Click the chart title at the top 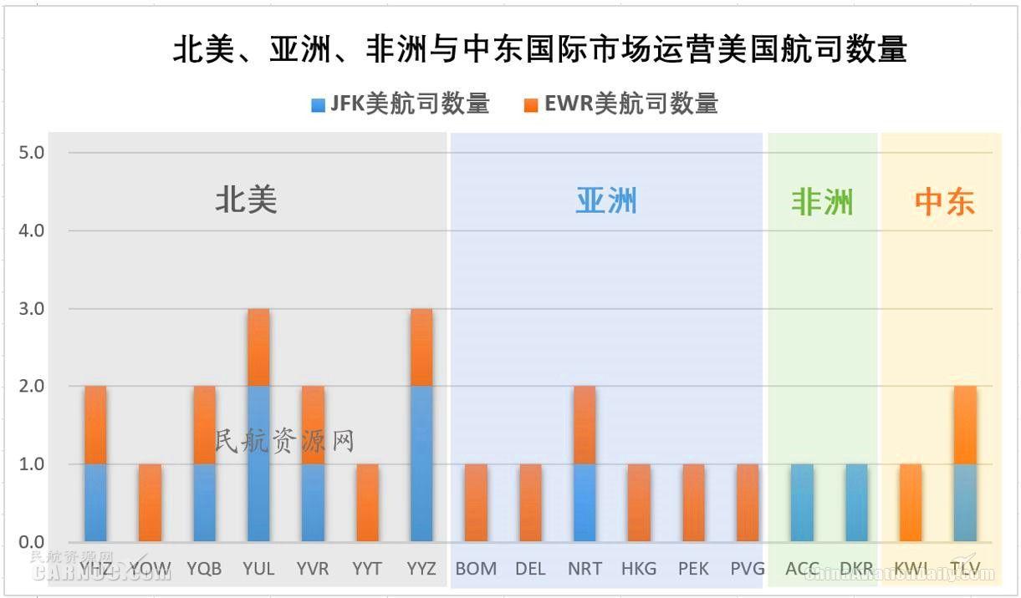pyautogui.click(x=539, y=50)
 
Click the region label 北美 pyautogui.click(x=246, y=200)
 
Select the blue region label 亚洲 pyautogui.click(x=606, y=200)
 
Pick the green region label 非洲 pyautogui.click(x=822, y=202)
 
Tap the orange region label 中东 pyautogui.click(x=944, y=202)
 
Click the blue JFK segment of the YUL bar pyautogui.click(x=258, y=464)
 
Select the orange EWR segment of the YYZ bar pyautogui.click(x=421, y=347)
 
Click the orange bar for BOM pyautogui.click(x=476, y=503)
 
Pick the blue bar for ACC pyautogui.click(x=802, y=503)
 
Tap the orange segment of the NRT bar pyautogui.click(x=585, y=425)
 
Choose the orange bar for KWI pyautogui.click(x=911, y=503)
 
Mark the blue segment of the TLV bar pyautogui.click(x=965, y=503)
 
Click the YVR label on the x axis pyautogui.click(x=313, y=569)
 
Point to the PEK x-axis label pyautogui.click(x=693, y=569)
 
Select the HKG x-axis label pyautogui.click(x=639, y=569)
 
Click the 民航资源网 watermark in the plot pyautogui.click(x=285, y=441)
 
